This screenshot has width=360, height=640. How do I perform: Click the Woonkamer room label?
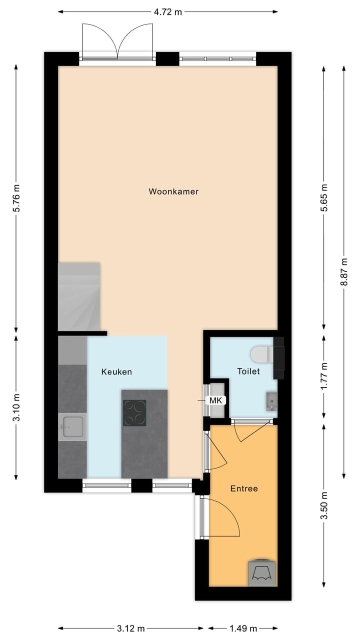(173, 191)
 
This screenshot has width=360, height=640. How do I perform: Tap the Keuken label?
(116, 371)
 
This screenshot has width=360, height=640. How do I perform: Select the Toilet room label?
(248, 371)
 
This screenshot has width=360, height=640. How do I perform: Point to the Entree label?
(244, 488)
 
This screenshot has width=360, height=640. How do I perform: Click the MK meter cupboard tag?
(215, 400)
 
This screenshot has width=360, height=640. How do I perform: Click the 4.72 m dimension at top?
(167, 12)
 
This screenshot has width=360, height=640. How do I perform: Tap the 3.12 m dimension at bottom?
(130, 628)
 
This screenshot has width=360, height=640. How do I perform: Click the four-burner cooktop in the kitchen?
(134, 413)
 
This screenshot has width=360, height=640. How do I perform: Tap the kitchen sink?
(72, 426)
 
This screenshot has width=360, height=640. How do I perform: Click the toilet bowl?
(260, 354)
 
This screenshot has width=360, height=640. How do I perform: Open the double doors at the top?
(117, 42)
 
